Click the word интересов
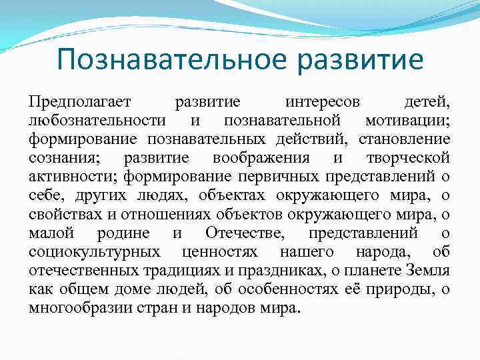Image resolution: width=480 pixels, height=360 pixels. [x=322, y=102]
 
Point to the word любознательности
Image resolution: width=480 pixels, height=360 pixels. [x=97, y=121]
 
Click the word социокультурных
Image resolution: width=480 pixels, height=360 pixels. [x=94, y=252]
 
